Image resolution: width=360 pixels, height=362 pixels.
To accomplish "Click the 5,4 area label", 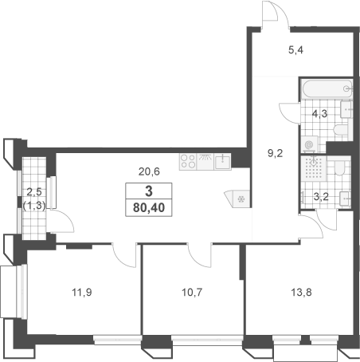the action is [295, 50].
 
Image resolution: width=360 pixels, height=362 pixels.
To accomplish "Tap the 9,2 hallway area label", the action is [276, 153].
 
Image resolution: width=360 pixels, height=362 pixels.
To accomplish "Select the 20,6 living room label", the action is [149, 171].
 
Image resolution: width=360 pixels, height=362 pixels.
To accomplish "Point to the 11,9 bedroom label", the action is [82, 293].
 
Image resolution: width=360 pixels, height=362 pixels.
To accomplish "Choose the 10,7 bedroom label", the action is [192, 293].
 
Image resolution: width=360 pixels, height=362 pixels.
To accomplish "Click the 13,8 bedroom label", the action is [301, 293].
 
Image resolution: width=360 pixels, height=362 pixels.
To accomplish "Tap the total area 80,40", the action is [149, 207].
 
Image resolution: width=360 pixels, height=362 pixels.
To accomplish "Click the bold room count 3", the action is [149, 191].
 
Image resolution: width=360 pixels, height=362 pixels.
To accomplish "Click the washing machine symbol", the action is [310, 145].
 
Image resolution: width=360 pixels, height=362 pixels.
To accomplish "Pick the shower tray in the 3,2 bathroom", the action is [314, 168].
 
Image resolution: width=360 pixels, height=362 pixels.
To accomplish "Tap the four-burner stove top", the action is [188, 162].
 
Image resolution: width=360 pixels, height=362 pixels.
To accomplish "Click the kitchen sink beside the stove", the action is [222, 162].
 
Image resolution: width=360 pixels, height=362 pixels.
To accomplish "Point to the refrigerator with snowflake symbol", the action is [238, 199].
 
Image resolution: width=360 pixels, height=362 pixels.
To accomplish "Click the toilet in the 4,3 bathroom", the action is [341, 130].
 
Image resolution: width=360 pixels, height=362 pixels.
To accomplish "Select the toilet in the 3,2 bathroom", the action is [339, 167].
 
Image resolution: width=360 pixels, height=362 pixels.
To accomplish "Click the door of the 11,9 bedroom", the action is [124, 255].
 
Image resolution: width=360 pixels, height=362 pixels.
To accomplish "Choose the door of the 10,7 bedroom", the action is [200, 255].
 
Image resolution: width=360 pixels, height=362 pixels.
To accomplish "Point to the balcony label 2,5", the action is [34, 191].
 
